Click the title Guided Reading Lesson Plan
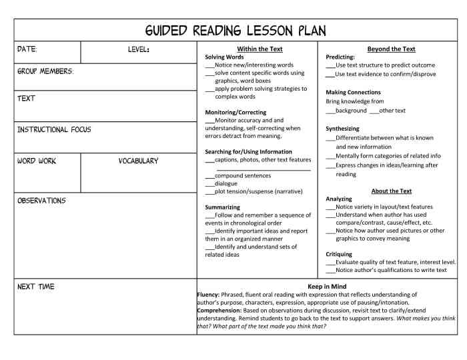coord(236,31)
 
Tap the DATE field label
coord(27,50)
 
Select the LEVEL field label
coord(139,50)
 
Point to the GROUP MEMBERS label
coord(45,71)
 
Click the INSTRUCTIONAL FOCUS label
coord(54,129)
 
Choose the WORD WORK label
coord(37,161)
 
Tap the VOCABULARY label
coord(139,161)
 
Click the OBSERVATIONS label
coord(41,201)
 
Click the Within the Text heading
coord(260,49)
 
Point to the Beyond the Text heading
coord(391,49)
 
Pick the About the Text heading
coord(391,191)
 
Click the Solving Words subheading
coord(224,57)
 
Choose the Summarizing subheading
coord(222,207)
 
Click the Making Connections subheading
coord(353,93)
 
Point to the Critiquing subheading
coord(339,255)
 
